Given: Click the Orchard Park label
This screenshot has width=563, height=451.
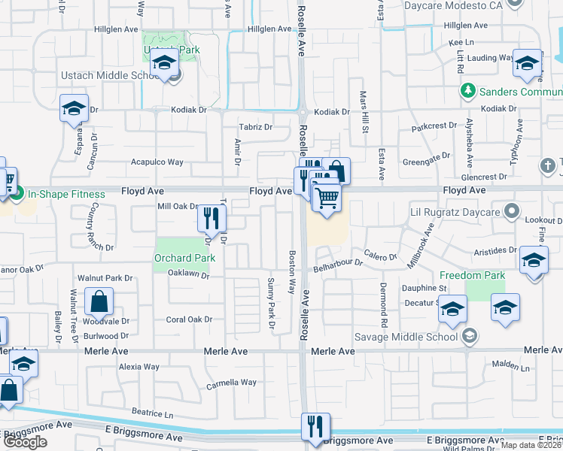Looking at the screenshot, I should point(184,258).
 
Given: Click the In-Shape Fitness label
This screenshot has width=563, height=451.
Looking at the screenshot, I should point(66,194).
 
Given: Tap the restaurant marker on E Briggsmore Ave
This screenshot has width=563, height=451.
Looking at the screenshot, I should point(315,426).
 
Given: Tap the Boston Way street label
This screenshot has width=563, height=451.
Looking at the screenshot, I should point(292,272).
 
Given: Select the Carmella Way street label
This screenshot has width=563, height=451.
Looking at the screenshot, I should point(231,383).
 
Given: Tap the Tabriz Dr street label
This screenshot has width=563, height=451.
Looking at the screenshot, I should point(255,127).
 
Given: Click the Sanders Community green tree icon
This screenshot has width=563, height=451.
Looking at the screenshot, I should point(467,91).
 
